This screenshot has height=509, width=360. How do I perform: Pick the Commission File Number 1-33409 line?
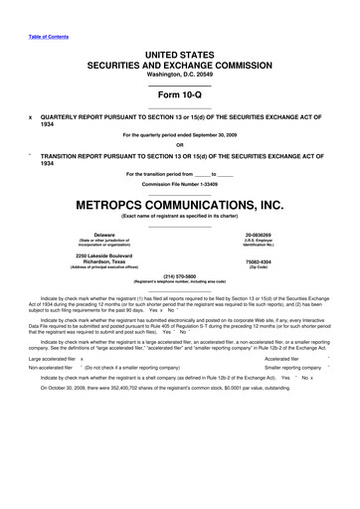[180, 183]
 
